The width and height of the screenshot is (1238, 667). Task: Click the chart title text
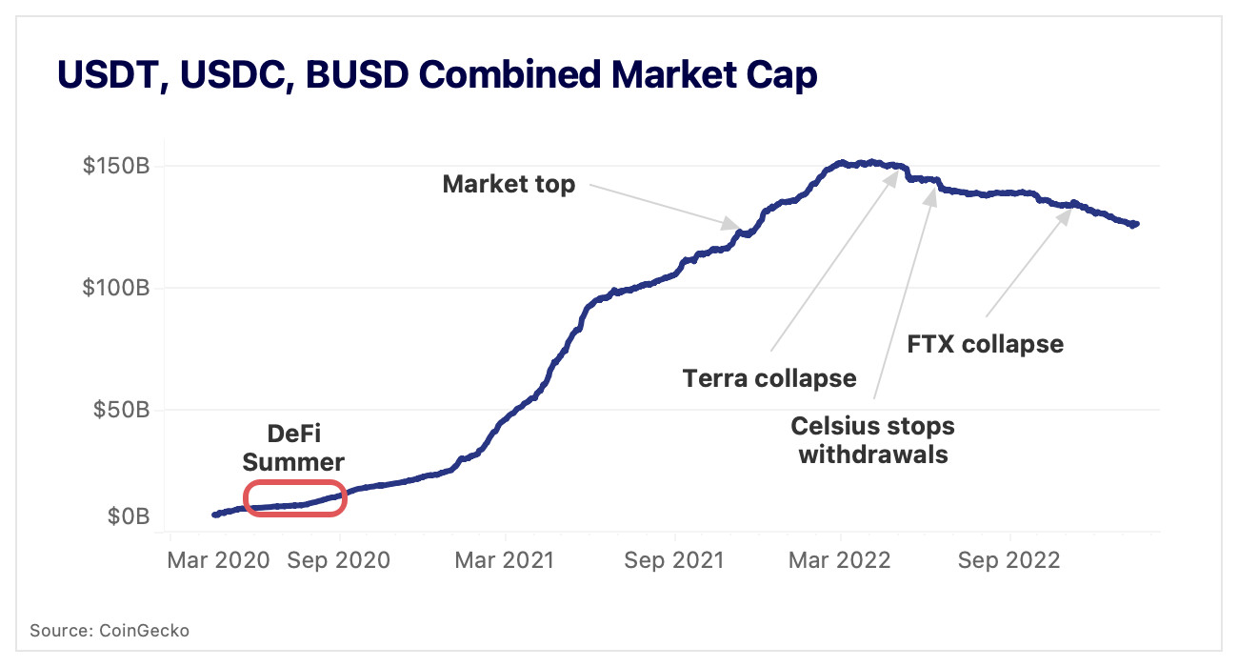tap(437, 74)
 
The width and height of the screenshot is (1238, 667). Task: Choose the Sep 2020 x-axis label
tap(339, 560)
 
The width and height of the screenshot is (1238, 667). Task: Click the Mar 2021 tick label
tap(503, 560)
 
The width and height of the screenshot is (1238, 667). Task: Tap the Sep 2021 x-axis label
tap(673, 560)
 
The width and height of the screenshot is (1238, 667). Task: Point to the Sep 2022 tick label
tap(1009, 560)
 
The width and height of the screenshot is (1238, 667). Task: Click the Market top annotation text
tap(509, 184)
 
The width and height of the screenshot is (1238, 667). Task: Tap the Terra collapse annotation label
tap(769, 378)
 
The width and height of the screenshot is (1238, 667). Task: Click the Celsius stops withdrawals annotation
tap(872, 439)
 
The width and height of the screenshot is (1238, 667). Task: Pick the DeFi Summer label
tap(292, 448)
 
